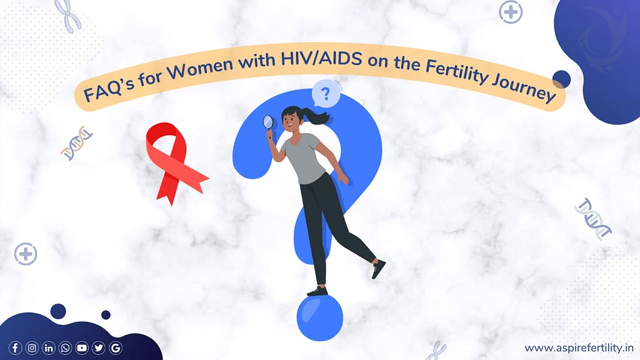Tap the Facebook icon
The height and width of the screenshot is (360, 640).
coord(15,348)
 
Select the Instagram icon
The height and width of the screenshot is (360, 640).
coord(32,348)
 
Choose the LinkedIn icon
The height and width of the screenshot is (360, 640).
coord(48,348)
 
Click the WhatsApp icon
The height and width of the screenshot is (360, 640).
coord(65,348)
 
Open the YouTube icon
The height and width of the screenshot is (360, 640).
coord(82,348)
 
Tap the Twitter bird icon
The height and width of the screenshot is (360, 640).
coord(99,348)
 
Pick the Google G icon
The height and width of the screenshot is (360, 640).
coord(116,348)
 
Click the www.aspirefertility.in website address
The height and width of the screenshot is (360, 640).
coord(578,347)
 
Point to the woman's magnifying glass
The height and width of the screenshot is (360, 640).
coord(269,122)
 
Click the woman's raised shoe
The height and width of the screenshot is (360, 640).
coord(378,269)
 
